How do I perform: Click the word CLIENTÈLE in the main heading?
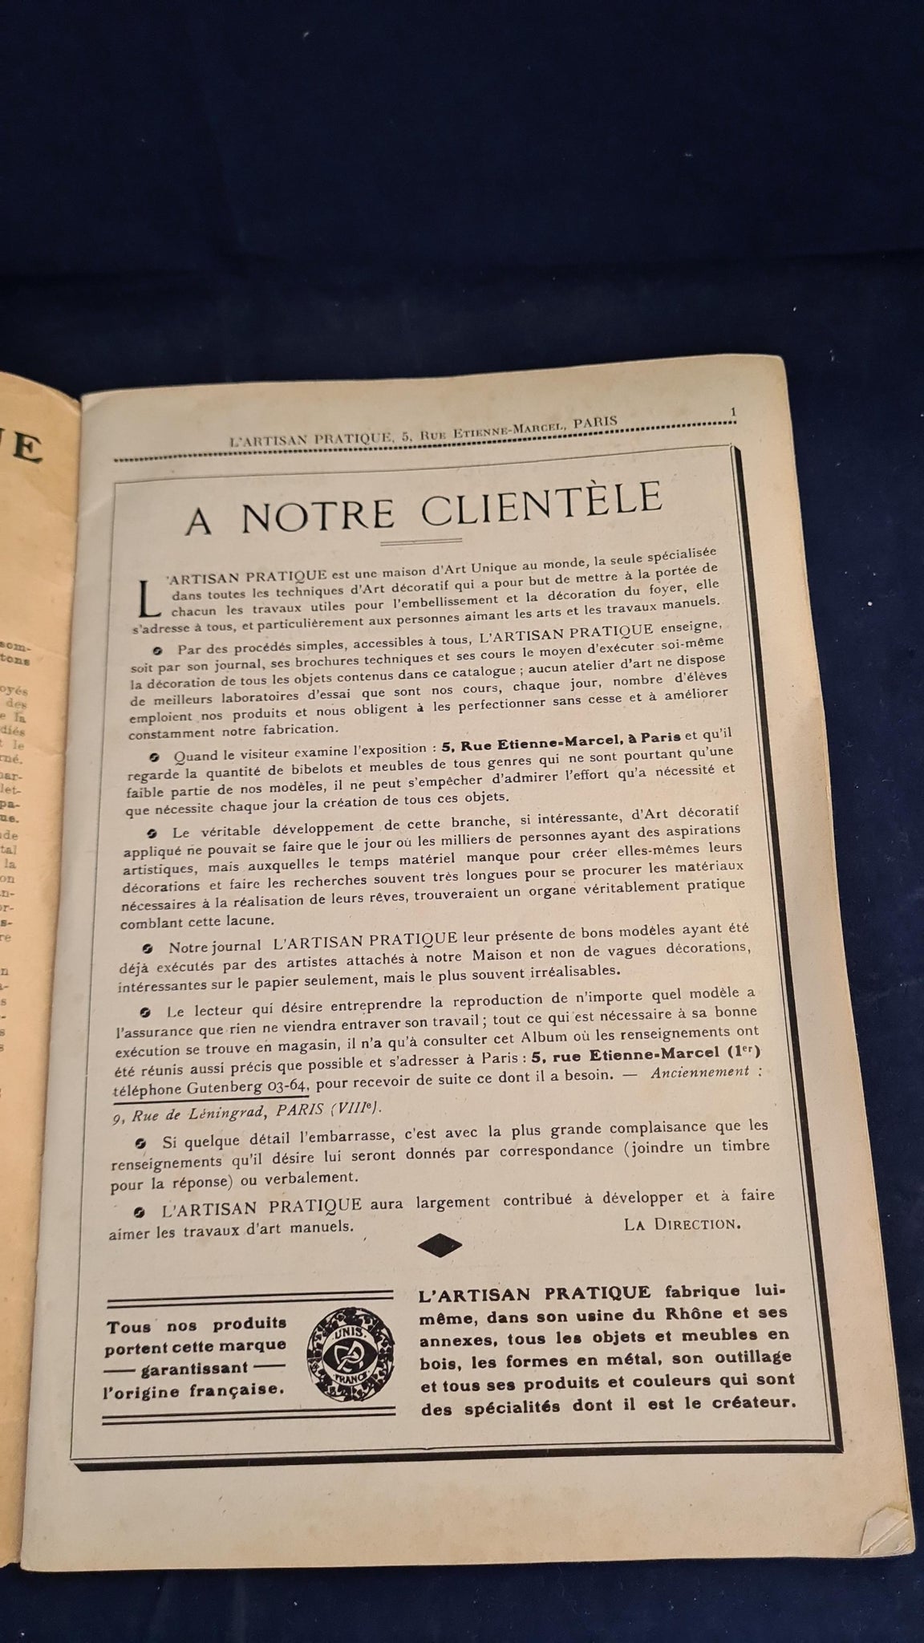[x=545, y=505]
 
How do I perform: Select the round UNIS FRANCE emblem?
[x=352, y=1357]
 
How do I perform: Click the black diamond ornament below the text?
[x=440, y=1245]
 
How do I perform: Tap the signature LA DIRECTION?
[x=682, y=1223]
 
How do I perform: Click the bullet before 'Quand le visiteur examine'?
[x=153, y=756]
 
